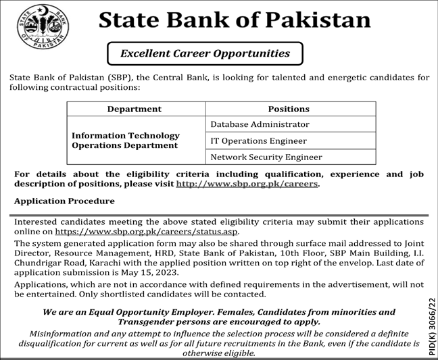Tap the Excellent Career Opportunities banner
[x=205, y=53]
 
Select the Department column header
[x=135, y=109]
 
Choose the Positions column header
[x=289, y=109]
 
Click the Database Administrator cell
[x=260, y=124]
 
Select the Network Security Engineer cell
[x=266, y=157]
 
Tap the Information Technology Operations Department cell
[x=125, y=140]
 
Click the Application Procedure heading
[x=64, y=201]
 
